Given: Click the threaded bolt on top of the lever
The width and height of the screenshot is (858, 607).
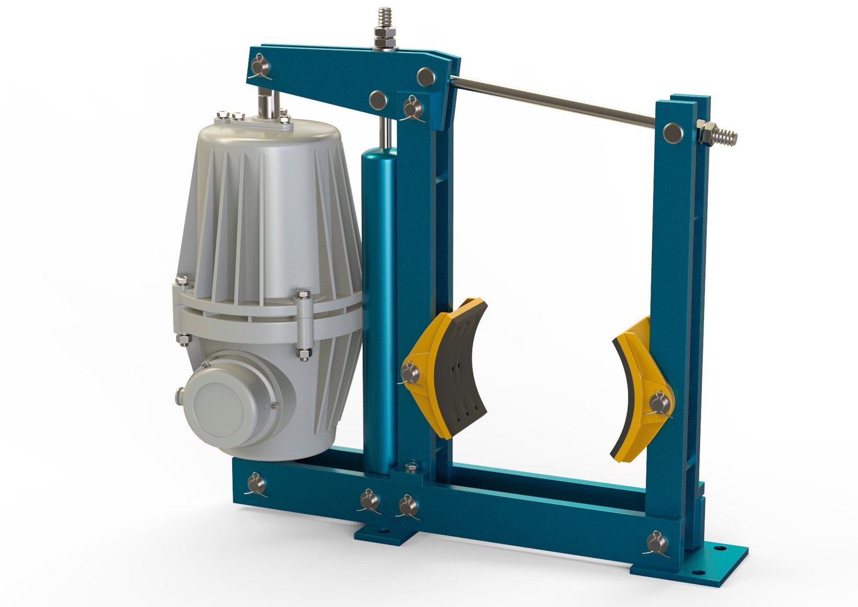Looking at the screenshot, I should tap(385, 22).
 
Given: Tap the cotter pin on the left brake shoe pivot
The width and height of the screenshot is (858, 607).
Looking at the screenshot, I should tap(408, 374).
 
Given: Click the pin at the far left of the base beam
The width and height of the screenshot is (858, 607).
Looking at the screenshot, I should tap(256, 483).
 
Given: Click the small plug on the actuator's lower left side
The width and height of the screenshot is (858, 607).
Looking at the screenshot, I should tap(180, 392).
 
